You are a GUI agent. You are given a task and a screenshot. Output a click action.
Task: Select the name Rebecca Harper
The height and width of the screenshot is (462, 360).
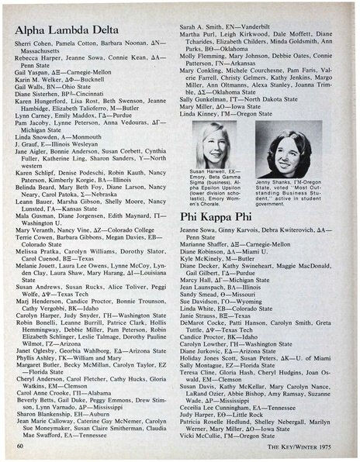[40, 65]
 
